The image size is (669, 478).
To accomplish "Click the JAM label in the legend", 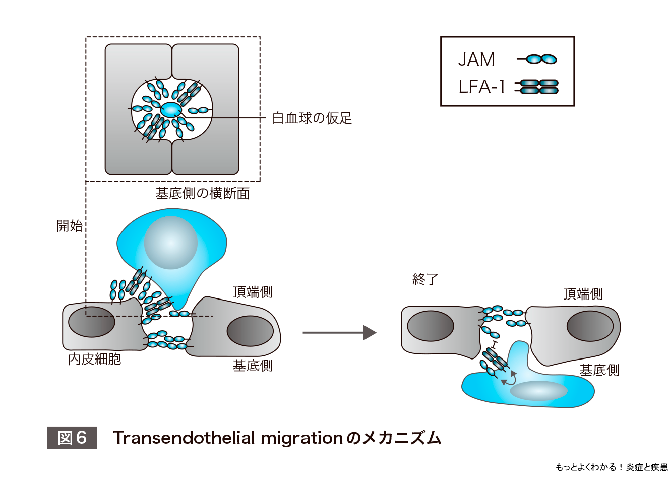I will coord(476,59).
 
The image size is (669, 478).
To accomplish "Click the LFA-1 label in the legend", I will coord(481,87).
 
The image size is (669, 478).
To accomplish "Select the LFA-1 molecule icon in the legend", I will coord(537,87).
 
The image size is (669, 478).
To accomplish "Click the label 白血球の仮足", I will coord(312,118).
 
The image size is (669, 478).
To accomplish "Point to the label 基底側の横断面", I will coord(202,194).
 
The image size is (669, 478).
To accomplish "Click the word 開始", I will coord(70,225).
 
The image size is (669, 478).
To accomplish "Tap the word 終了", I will coord(425,279).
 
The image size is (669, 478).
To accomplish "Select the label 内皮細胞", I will coord(95,359).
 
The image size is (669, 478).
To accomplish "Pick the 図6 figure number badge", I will coord(72,437).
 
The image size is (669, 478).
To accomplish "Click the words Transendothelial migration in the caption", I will coord(228,437).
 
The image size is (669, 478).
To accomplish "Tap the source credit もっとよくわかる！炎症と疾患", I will coord(611,467).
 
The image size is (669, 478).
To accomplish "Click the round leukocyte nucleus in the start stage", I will coord(170,243).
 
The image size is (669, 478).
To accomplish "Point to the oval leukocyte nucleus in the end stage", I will coord(538,391).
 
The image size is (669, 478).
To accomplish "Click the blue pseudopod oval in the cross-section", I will coord(170,109).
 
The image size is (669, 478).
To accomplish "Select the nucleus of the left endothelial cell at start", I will coord(91,322).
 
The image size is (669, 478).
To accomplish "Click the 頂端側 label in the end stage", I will coord(583,294).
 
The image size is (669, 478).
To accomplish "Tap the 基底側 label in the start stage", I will coord(253,366).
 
